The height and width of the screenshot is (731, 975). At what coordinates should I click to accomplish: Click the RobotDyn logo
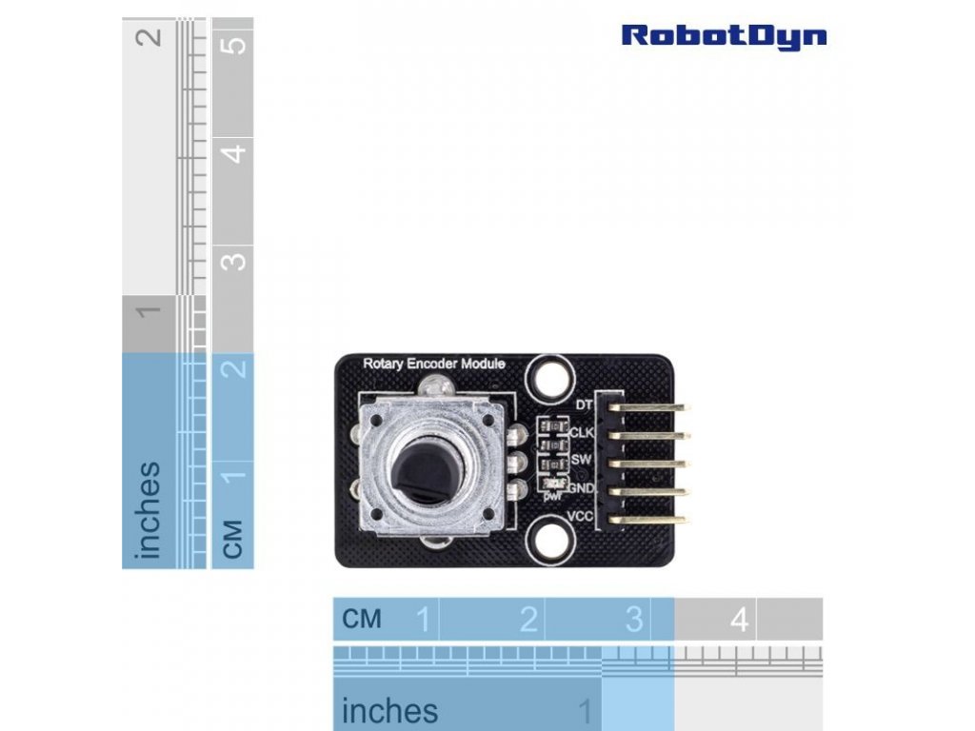point(724,36)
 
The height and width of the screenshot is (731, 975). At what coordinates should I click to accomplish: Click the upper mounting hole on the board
point(549,377)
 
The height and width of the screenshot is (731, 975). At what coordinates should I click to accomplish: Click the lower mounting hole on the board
point(549,540)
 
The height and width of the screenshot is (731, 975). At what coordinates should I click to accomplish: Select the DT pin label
point(584,405)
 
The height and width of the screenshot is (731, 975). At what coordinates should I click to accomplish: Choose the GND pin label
point(581,487)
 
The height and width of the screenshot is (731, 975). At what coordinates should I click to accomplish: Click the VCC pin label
point(581,516)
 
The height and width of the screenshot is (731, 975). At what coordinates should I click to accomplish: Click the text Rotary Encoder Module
point(434,364)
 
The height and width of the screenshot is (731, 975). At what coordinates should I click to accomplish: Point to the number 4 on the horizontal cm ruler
point(739,621)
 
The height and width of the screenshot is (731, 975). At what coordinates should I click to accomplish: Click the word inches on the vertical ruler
point(149,510)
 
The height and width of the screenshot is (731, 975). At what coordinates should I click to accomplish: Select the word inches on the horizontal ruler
point(389,711)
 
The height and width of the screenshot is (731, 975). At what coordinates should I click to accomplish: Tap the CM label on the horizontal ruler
point(362,621)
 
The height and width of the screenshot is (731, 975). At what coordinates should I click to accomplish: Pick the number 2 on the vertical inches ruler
point(149,38)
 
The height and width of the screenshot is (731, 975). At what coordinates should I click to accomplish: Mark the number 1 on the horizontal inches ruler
point(586,711)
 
